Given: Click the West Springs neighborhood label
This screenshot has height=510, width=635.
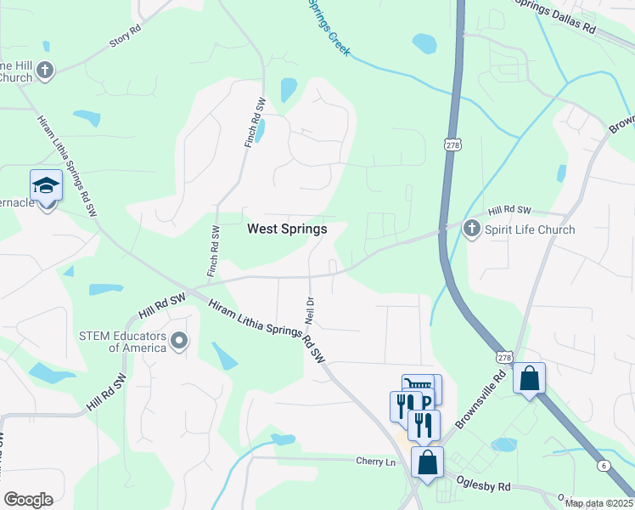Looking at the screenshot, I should tap(287, 229).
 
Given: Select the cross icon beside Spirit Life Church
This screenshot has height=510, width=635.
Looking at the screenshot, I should tap(471, 229).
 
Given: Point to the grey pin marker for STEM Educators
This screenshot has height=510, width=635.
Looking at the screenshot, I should tap(179, 342).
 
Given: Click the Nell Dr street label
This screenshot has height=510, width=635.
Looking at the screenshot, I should tap(310, 308).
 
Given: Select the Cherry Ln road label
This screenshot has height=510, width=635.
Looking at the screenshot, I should tap(376, 461).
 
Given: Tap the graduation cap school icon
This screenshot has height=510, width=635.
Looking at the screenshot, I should tap(46, 185).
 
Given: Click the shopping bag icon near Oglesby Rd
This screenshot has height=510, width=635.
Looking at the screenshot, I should tap(427, 462).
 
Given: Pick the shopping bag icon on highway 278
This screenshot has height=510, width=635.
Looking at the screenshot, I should tap(529, 378).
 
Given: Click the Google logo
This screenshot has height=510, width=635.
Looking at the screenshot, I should tap(28, 500).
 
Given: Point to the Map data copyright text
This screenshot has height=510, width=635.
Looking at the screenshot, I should tap(599, 503).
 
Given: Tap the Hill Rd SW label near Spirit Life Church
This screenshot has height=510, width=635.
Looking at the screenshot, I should tap(509, 211).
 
